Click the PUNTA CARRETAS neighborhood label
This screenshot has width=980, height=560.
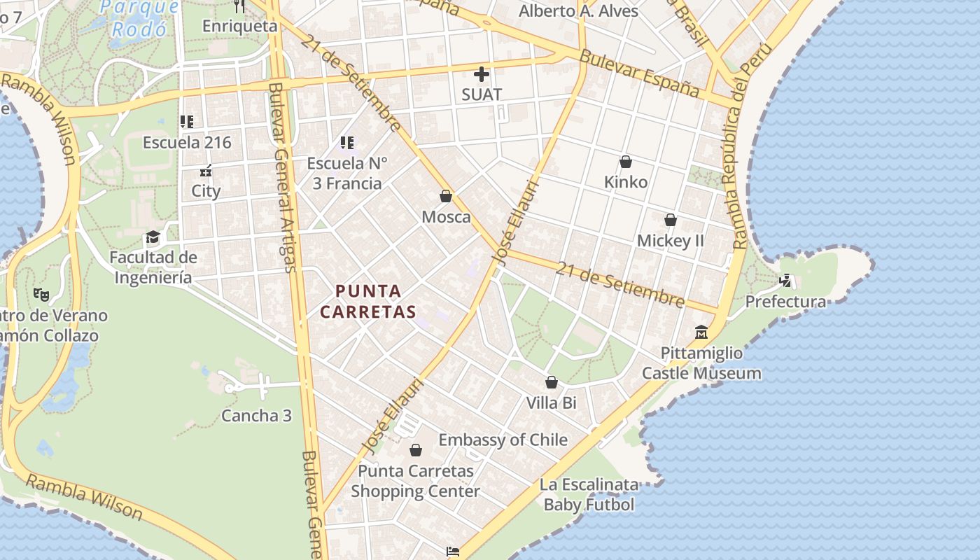tap(368, 301)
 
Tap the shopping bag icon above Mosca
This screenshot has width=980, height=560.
tap(446, 196)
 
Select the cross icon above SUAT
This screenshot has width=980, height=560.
tap(482, 73)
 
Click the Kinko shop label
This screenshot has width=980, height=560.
tap(626, 182)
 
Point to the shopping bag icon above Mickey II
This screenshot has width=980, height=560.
tap(670, 220)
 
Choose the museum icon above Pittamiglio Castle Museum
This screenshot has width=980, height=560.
tap(701, 332)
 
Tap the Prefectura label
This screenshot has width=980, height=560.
tap(785, 302)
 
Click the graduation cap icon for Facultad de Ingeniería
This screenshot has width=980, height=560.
tap(153, 237)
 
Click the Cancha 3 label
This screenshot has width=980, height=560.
tap(256, 415)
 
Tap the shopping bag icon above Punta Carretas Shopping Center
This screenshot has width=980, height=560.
tap(416, 450)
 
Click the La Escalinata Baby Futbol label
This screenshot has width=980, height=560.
tap(589, 494)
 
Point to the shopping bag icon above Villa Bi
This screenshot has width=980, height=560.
tap(552, 382)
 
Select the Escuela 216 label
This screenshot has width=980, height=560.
tap(187, 142)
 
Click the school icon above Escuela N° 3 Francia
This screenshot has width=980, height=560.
tap(346, 143)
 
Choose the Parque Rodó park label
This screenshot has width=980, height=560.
tap(139, 18)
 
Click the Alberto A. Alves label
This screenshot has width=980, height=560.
tap(578, 11)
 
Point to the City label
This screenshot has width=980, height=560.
tap(206, 190)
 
